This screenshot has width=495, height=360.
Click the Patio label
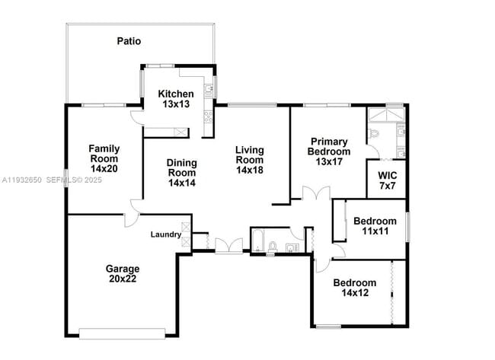tap(129, 41)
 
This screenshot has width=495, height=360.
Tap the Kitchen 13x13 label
tap(176, 99)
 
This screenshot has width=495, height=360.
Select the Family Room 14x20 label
tap(104, 158)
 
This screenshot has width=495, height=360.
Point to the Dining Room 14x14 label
tap(182, 173)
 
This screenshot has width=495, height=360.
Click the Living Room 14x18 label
tap(249, 160)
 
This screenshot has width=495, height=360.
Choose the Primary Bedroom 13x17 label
tap(329, 151)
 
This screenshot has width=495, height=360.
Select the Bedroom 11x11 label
tap(373, 226)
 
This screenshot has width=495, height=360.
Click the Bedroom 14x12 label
tap(354, 288)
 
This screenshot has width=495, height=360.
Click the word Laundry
tap(165, 234)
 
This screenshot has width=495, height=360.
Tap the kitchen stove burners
tap(206, 117)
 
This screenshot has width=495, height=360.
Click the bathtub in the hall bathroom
tap(257, 241)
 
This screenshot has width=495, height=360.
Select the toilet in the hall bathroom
tap(273, 245)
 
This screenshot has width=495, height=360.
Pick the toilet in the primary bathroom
tap(373, 134)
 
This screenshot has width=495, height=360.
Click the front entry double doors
tap(225, 246)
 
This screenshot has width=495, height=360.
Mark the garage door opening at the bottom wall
tap(123, 332)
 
